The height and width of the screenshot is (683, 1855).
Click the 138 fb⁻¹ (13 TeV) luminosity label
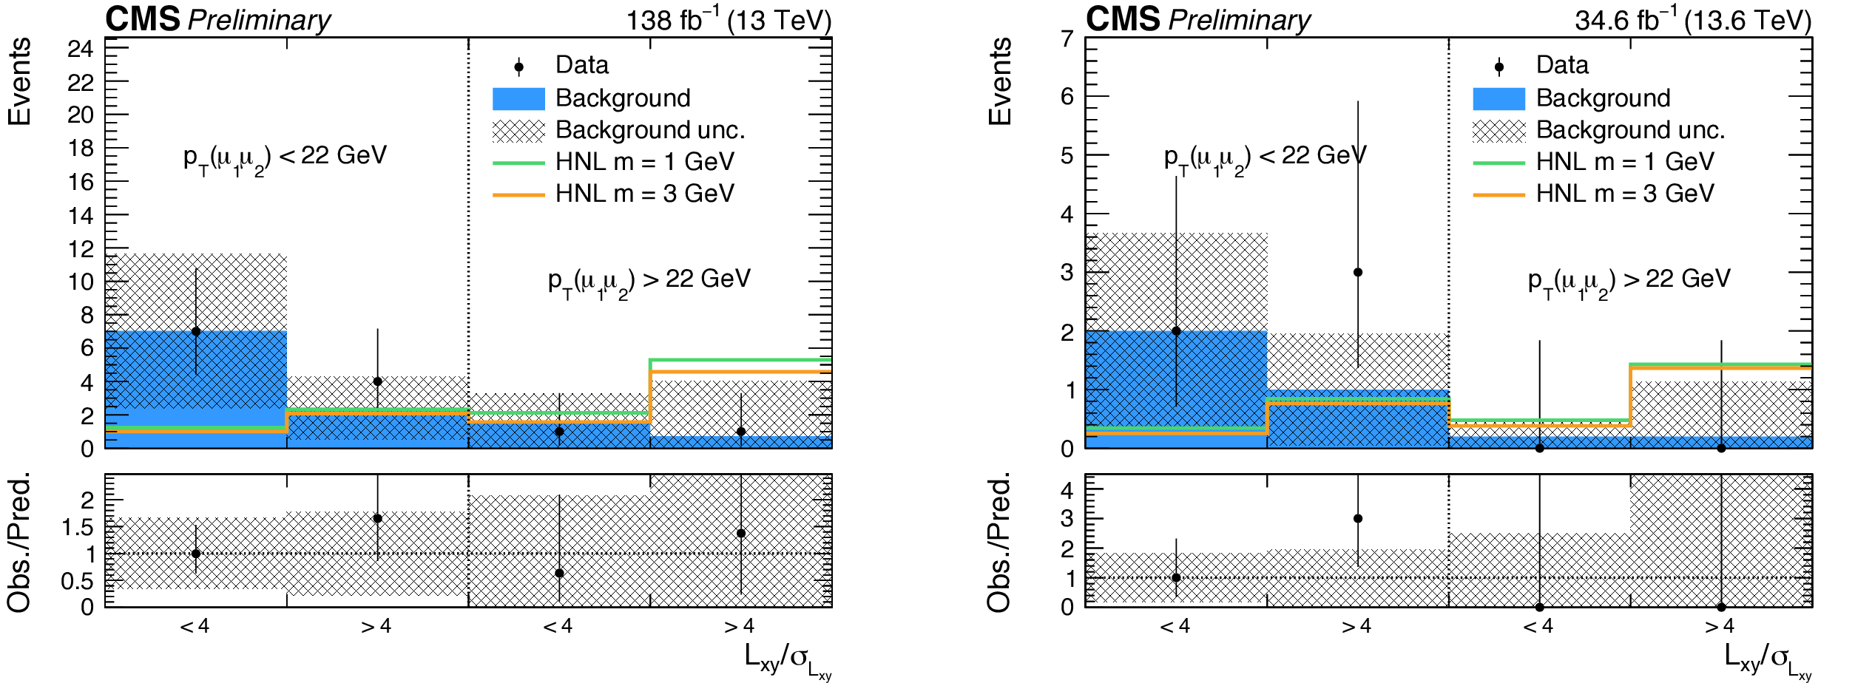(x=729, y=19)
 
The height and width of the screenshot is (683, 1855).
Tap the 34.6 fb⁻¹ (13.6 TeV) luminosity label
(x=1694, y=19)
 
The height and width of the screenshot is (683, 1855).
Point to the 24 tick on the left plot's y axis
(x=81, y=49)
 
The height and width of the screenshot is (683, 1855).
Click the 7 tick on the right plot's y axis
(x=1067, y=38)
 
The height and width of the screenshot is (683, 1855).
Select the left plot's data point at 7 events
(x=196, y=331)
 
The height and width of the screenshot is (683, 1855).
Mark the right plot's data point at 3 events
(x=1358, y=272)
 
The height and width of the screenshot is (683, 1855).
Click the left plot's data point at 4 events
(x=378, y=381)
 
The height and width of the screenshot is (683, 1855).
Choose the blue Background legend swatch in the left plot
(x=518, y=98)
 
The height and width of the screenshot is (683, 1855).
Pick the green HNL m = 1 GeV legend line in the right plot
(x=1499, y=163)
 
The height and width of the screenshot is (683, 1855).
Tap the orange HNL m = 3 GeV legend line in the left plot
(x=518, y=195)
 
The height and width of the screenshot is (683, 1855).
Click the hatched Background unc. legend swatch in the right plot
(x=1499, y=131)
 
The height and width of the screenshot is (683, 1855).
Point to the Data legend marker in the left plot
(x=518, y=67)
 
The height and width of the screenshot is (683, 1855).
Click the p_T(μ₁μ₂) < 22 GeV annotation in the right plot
(x=1266, y=159)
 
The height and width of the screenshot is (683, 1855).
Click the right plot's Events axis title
(x=999, y=81)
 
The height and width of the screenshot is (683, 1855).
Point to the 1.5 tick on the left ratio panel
(x=78, y=527)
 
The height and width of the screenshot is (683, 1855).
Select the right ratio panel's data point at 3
(x=1358, y=518)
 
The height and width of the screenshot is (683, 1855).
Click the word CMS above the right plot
(x=1123, y=18)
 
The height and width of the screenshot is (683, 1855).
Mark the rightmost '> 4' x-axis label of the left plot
(x=740, y=627)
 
